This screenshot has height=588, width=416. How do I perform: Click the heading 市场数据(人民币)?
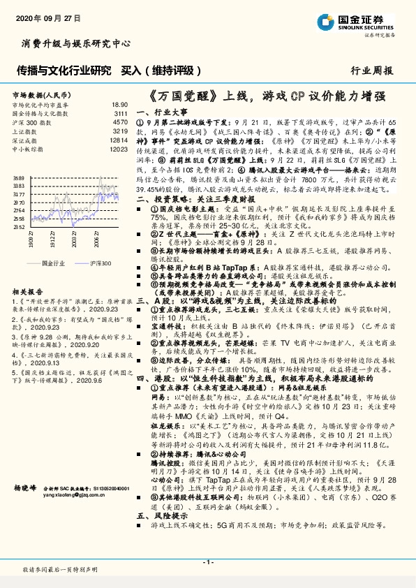tap(41, 94)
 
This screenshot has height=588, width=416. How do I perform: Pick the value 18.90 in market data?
tap(119, 103)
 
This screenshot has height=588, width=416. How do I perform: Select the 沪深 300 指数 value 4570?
tap(119, 122)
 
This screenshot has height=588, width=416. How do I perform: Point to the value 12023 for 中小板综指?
tap(118, 149)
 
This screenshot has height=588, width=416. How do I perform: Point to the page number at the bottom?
tap(207, 561)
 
